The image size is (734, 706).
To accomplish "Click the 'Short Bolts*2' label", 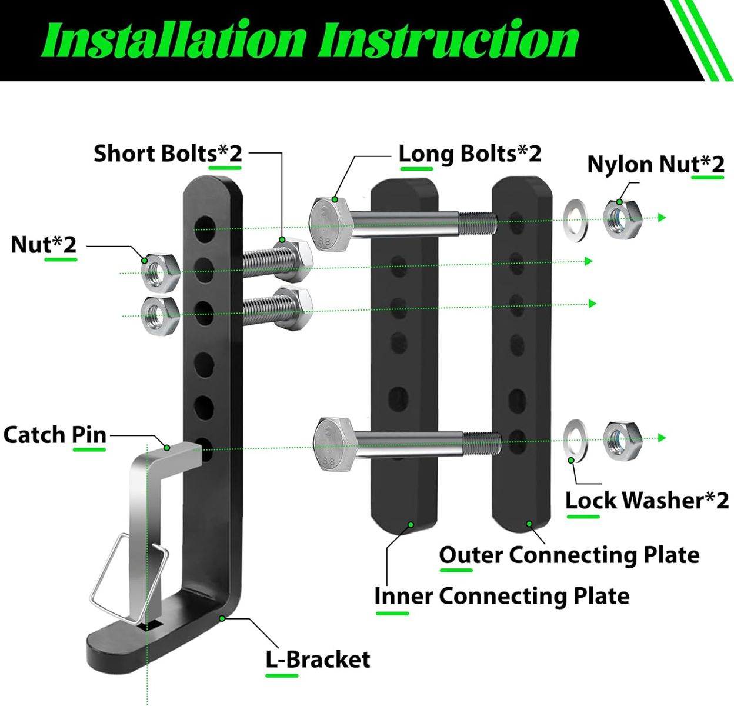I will [168, 154].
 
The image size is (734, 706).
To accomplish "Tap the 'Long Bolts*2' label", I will [469, 154].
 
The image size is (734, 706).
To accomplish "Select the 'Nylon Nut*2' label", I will [655, 164].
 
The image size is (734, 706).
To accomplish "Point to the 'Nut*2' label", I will [44, 244].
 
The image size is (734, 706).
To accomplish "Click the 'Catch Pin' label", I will [55, 435].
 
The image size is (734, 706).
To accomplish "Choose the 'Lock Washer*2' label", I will [647, 500].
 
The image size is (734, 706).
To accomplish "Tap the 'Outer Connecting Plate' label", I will [569, 555].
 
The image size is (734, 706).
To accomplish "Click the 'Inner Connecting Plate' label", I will [502, 596].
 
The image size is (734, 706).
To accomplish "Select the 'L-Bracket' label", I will [318, 660].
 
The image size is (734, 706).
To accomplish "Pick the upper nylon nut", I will [622, 219].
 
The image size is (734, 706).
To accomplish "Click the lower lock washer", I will [576, 439].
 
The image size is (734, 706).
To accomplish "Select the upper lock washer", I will [576, 219].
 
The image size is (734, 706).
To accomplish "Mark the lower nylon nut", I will [622, 439].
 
